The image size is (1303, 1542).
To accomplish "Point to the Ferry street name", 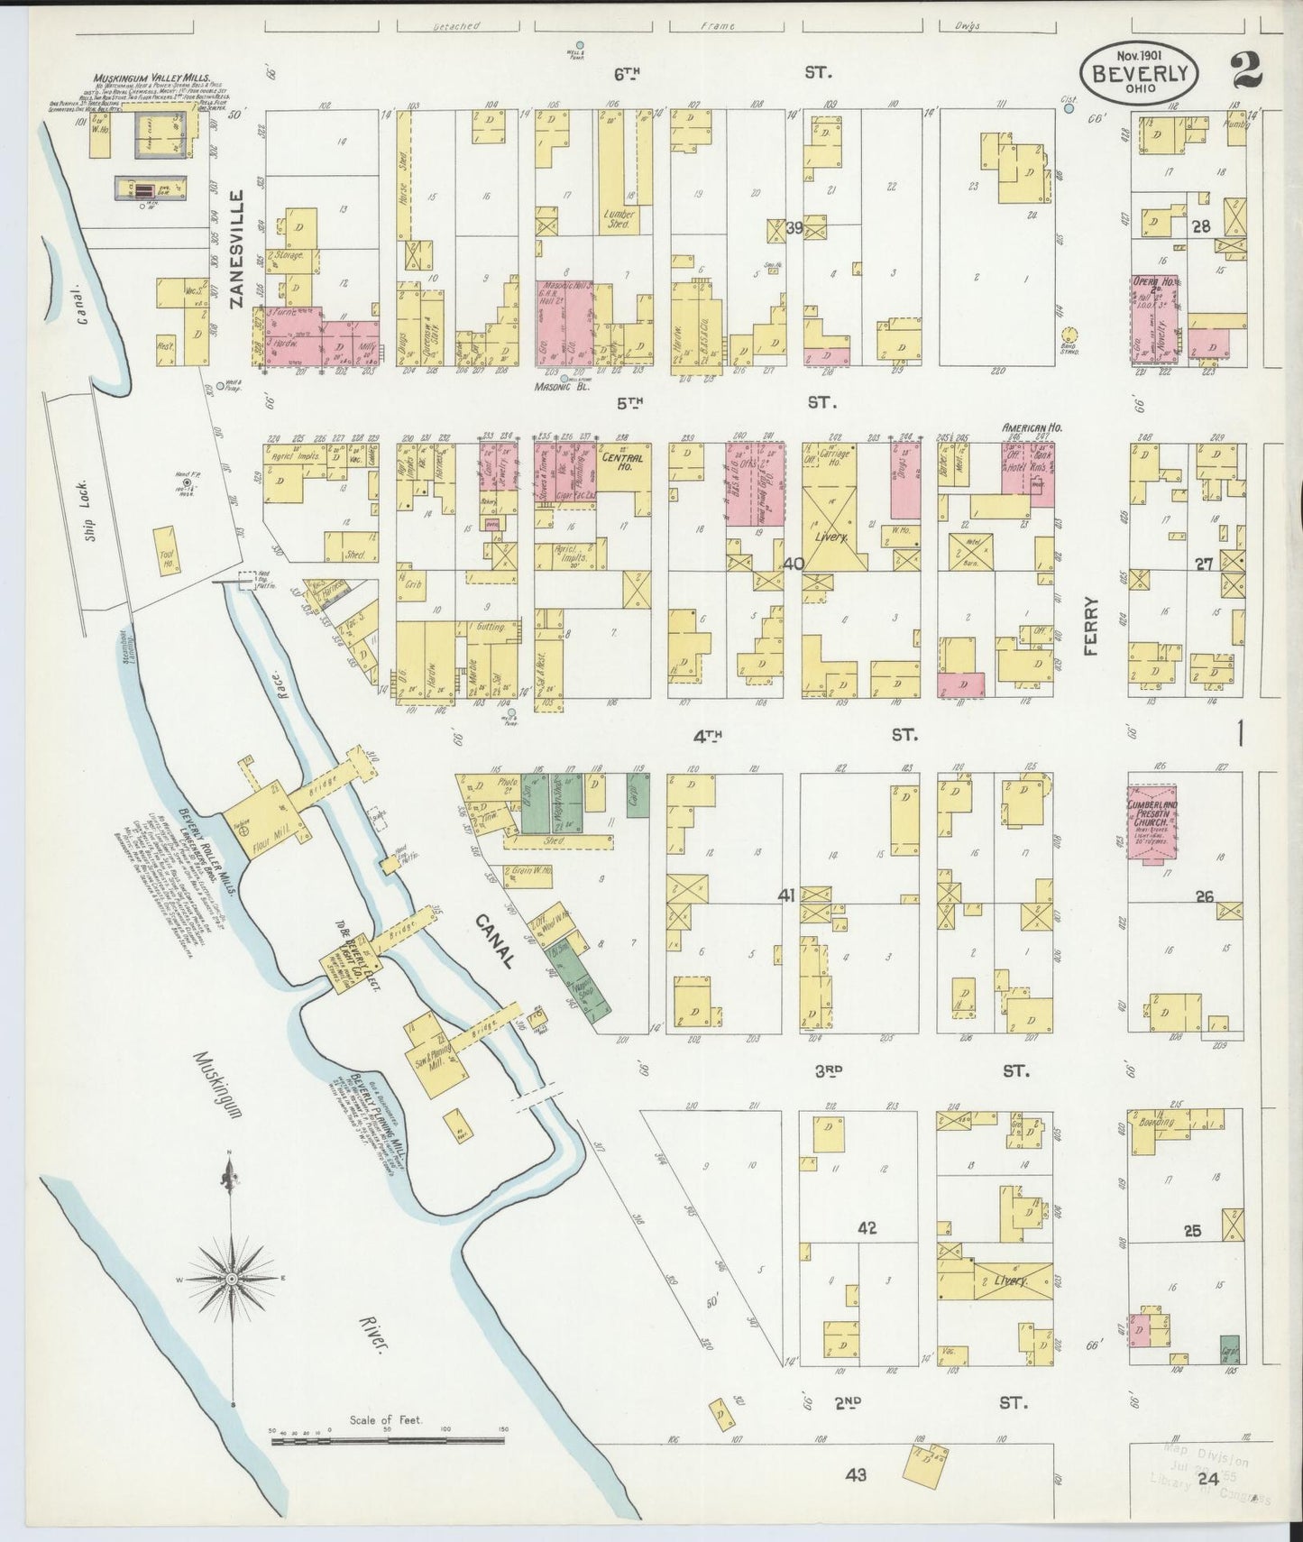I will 1094,625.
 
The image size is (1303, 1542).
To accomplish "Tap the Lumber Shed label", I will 620,219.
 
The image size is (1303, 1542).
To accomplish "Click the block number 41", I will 785,896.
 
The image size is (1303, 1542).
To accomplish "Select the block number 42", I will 867,1228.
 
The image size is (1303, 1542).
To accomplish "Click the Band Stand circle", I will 1069,335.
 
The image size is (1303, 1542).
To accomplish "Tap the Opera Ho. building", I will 1154,319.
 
